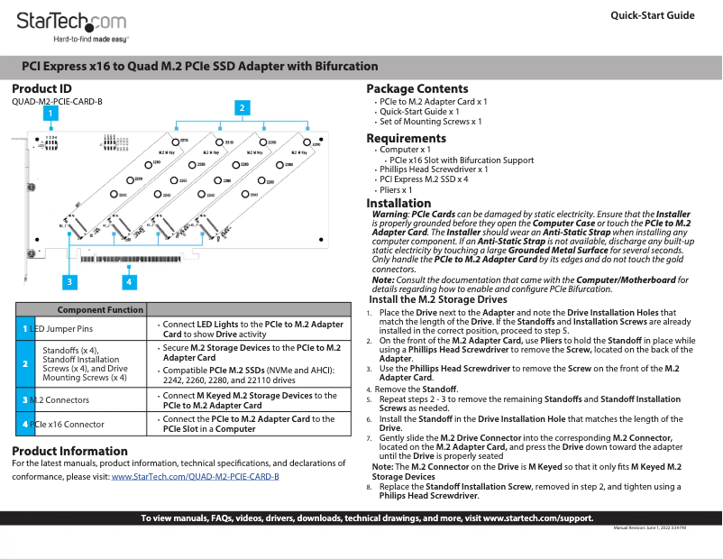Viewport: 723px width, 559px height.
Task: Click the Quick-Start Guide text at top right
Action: (652, 15)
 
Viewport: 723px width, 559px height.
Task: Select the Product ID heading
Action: (41, 88)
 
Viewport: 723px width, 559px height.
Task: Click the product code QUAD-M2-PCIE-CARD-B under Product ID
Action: (57, 102)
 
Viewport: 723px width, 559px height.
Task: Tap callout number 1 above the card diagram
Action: (51, 114)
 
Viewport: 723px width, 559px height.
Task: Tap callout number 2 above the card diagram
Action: (241, 107)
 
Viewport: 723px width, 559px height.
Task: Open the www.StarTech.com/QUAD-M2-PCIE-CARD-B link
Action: (195, 475)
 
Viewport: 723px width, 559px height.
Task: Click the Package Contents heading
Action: (416, 88)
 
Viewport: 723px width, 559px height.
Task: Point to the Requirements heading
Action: (406, 138)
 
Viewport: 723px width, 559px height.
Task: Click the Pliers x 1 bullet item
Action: (396, 190)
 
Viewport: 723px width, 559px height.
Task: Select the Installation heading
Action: (398, 203)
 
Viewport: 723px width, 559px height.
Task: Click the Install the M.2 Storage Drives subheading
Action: (438, 299)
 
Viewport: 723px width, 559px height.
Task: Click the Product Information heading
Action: (69, 451)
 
